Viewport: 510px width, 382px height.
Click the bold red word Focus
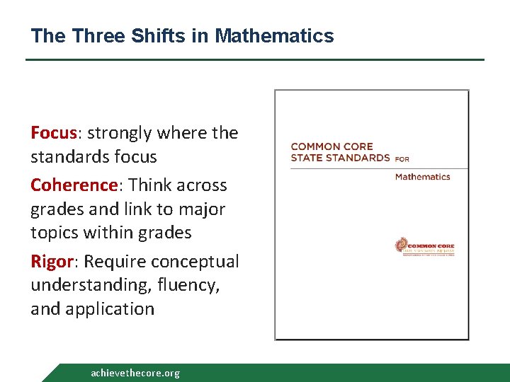[54, 133]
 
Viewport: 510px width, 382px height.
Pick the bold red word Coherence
[73, 185]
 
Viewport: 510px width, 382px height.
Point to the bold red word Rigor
[51, 262]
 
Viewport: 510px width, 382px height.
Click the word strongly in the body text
[119, 133]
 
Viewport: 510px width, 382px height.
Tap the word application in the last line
[109, 309]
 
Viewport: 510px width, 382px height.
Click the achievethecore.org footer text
[135, 373]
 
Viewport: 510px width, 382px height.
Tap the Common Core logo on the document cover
[424, 247]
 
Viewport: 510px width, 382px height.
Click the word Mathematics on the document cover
[423, 177]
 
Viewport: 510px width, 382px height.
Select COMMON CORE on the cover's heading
[331, 146]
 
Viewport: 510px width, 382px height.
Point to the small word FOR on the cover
[402, 158]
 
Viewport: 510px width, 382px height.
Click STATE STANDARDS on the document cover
[340, 157]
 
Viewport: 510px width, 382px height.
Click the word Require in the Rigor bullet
[114, 262]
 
